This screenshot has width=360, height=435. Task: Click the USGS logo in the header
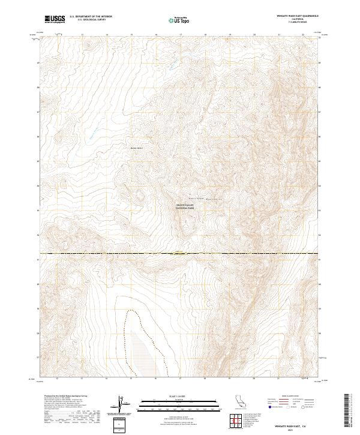[x=55, y=19]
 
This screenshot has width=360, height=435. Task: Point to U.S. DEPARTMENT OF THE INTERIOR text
[x=91, y=17]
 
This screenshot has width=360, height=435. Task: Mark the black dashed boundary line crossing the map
[x=180, y=254]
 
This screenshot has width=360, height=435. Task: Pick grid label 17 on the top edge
[x=181, y=34]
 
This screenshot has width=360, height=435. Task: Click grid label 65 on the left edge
[x=40, y=161]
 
